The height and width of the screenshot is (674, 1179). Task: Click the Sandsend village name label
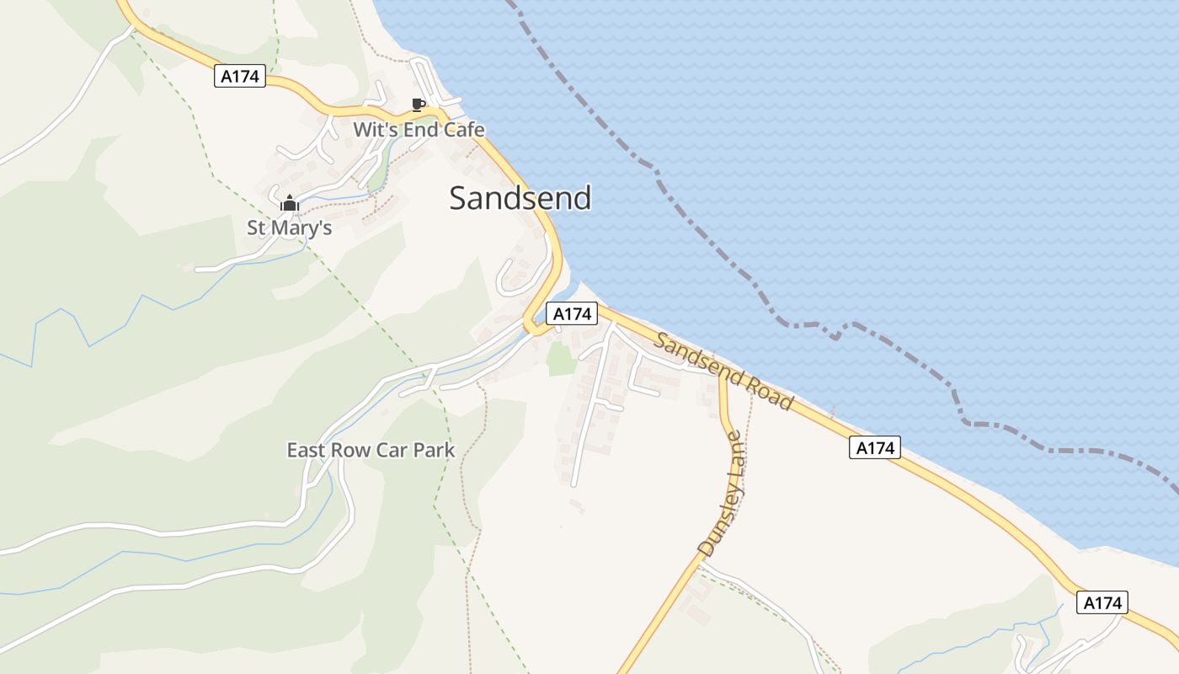pos(520,198)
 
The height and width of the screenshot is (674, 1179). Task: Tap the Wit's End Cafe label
pos(419,130)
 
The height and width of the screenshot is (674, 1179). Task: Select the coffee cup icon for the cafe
pos(418,105)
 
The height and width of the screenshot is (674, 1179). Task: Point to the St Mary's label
pos(289,227)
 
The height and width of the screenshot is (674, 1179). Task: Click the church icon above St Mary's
pos(289,203)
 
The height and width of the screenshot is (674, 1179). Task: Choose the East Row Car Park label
pos(371,450)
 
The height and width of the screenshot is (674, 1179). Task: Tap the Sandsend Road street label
pos(723,372)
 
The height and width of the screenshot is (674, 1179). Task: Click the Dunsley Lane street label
pos(722,495)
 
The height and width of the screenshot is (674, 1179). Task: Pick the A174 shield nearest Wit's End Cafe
pos(241,77)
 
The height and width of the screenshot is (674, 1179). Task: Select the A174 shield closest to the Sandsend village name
pos(572,314)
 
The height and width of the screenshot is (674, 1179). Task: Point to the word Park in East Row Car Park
pos(434,450)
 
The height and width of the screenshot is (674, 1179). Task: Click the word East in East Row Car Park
pos(306,450)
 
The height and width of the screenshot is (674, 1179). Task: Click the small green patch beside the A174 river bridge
pos(561,359)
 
